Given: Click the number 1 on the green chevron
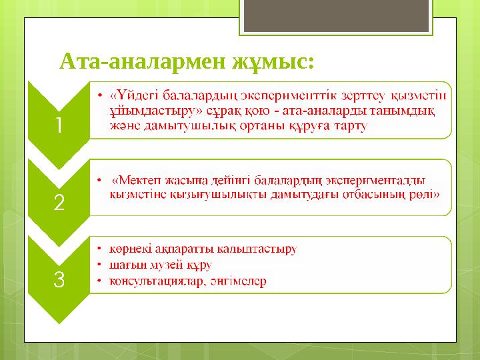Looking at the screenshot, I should coord(59,125).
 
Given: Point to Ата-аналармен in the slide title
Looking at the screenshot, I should coord(143,62).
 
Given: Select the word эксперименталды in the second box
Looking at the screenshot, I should coord(381,179).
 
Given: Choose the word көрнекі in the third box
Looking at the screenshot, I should coord(129,249).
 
